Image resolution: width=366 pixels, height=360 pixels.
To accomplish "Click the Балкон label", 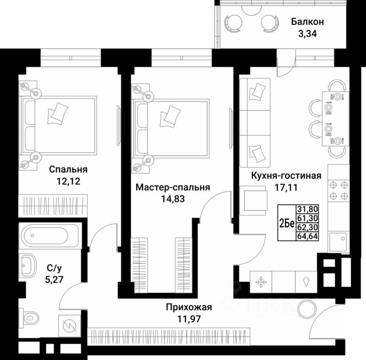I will (x=307, y=22).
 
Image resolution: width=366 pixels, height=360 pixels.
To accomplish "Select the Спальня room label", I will (x=68, y=169).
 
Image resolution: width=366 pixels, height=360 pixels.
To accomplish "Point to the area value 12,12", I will (x=68, y=181).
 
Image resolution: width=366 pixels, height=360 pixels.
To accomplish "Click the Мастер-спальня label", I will (x=172, y=188).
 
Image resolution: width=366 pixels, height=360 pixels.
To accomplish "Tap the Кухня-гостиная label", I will (x=286, y=176).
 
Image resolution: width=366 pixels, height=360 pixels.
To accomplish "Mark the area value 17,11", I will (x=286, y=188).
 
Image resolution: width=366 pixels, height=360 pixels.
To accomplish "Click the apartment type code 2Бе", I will (x=286, y=223).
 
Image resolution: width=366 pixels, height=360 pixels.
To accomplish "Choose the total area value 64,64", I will (x=307, y=237).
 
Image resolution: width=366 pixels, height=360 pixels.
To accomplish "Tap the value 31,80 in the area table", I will (x=307, y=209).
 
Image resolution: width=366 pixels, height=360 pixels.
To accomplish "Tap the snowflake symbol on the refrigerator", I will (x=260, y=282).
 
